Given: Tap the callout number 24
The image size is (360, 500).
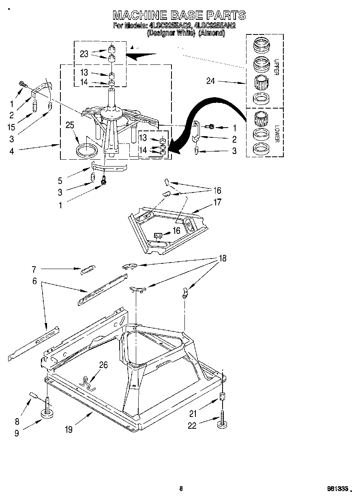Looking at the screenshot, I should pos(210,81).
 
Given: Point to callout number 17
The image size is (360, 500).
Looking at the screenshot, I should pos(218,201).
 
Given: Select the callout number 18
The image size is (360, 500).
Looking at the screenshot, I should pos(223,258).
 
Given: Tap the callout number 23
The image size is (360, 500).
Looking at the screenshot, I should pos(84,54).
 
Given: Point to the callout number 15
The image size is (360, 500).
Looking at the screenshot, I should pos(11,127).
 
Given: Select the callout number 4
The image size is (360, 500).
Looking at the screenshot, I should pos(11,151).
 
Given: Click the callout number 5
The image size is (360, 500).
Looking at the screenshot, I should pos(60,181).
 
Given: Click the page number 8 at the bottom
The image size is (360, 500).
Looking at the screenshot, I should pos(181,489).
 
